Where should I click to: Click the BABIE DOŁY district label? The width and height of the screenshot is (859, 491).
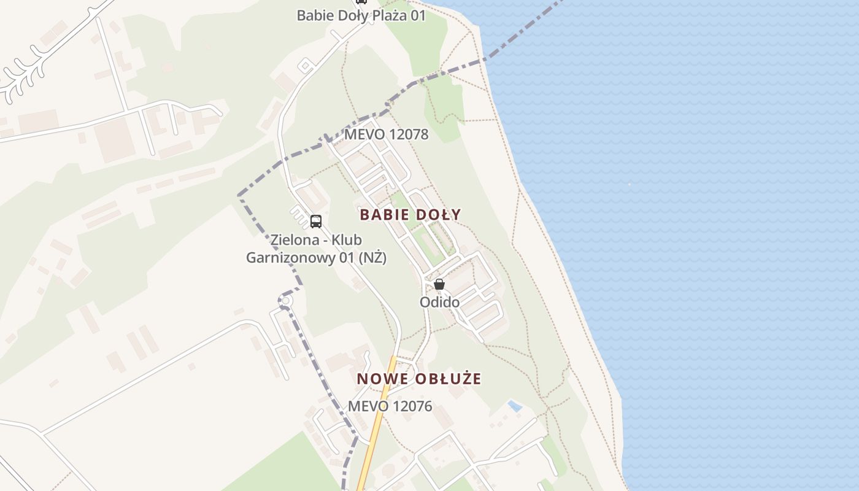410,215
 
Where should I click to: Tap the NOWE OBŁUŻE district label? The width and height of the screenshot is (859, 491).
419,379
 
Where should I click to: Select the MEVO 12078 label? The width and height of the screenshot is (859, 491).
386,134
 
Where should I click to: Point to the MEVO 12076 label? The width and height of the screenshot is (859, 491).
390,406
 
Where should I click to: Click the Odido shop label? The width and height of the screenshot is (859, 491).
439,302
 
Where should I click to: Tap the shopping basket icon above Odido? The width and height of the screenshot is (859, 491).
439,284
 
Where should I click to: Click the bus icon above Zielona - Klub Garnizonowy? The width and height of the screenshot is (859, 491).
316,222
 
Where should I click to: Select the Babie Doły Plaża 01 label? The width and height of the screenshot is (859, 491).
361,16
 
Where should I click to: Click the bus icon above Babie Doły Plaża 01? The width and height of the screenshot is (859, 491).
361,2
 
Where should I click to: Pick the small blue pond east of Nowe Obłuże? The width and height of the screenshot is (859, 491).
515,406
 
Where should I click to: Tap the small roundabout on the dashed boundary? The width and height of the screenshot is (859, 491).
284,301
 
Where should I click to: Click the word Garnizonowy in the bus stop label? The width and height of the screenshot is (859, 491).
291,258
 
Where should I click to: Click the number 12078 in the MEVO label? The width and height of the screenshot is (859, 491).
408,134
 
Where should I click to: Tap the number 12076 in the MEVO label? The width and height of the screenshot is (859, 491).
412,406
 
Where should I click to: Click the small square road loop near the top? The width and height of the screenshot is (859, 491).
305,65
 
